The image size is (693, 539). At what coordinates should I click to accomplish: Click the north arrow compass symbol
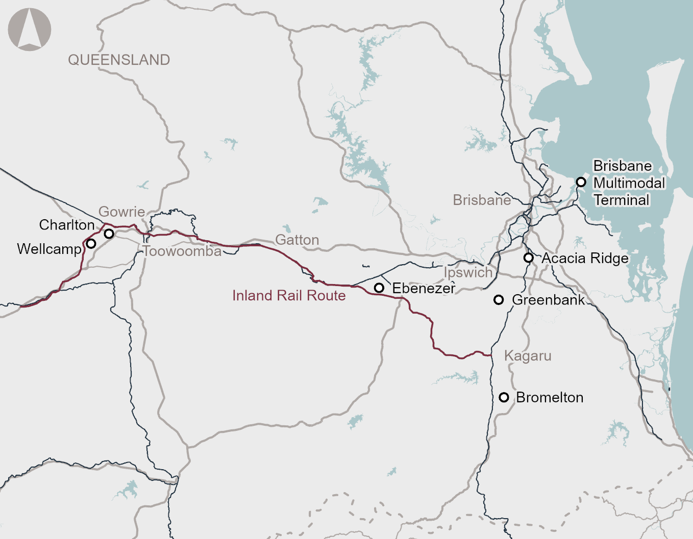point(30,30)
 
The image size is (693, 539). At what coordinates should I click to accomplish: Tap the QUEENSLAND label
point(119,60)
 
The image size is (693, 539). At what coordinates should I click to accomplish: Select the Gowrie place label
point(121,212)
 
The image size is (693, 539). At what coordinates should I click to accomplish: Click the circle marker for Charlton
point(109,234)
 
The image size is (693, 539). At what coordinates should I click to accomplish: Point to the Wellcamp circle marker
point(91,244)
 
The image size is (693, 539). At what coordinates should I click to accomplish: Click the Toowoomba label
point(182,251)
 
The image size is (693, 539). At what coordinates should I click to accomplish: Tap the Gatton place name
point(297,240)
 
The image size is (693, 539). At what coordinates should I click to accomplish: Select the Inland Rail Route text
point(289,296)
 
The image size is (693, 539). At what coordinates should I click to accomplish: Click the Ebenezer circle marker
point(379,288)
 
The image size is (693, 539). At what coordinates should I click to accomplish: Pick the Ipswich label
point(468,272)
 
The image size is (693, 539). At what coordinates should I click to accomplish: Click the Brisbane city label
point(482,200)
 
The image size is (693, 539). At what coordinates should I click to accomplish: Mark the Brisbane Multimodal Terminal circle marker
point(581,182)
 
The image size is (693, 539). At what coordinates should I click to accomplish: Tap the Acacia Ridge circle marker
point(529,258)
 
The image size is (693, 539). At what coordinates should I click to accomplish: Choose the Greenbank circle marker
point(499,300)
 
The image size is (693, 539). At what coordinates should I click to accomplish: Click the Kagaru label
point(528,356)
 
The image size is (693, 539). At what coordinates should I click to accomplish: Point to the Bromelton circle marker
point(504,397)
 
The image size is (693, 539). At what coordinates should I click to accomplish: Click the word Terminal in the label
point(622,200)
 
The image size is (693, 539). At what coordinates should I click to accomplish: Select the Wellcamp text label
point(49,249)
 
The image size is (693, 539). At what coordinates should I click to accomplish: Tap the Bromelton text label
point(550,397)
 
